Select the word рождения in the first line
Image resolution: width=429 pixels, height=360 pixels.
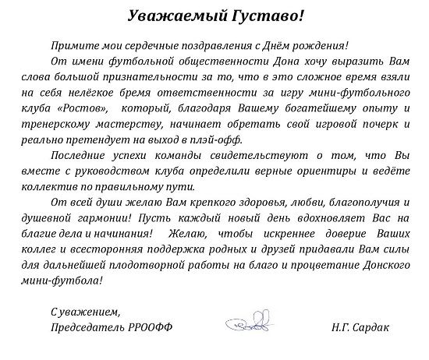[x=320, y=46]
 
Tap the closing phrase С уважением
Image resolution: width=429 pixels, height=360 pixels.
[x=76, y=309]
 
